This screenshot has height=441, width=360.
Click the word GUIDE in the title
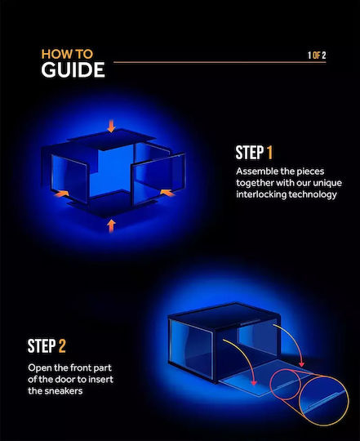tap(73, 69)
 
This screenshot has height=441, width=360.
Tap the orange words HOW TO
tap(67, 54)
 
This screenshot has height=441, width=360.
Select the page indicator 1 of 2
tap(317, 56)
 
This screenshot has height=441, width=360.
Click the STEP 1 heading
tap(254, 153)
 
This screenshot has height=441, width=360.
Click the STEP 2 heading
tap(47, 346)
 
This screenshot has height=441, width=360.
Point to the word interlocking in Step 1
tap(261, 194)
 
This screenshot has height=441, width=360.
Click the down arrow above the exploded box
tap(111, 126)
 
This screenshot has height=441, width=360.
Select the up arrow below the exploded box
tap(111, 226)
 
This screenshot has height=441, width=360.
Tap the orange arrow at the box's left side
tap(61, 194)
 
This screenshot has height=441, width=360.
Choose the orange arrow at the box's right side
tap(167, 193)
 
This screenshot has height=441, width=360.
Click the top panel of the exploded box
tap(111, 139)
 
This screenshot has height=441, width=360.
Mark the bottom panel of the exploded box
tap(113, 204)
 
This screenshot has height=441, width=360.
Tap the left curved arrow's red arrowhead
tap(254, 382)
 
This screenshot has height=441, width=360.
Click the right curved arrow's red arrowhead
tap(301, 364)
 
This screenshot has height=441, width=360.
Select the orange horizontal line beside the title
tap(220, 62)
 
